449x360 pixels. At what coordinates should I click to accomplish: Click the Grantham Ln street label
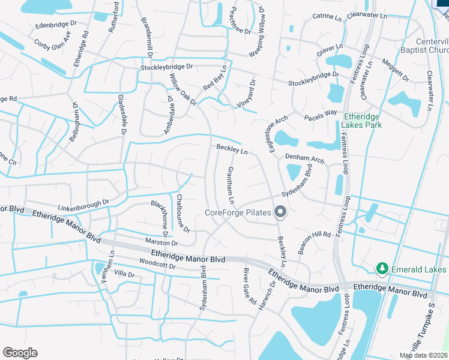[x=230, y=184]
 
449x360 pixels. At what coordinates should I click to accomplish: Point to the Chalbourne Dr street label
[x=183, y=212]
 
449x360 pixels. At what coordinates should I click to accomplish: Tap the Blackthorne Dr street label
[x=164, y=220]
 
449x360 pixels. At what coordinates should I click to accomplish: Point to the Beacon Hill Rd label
[x=315, y=241]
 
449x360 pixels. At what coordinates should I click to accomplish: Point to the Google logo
[x=20, y=352]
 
